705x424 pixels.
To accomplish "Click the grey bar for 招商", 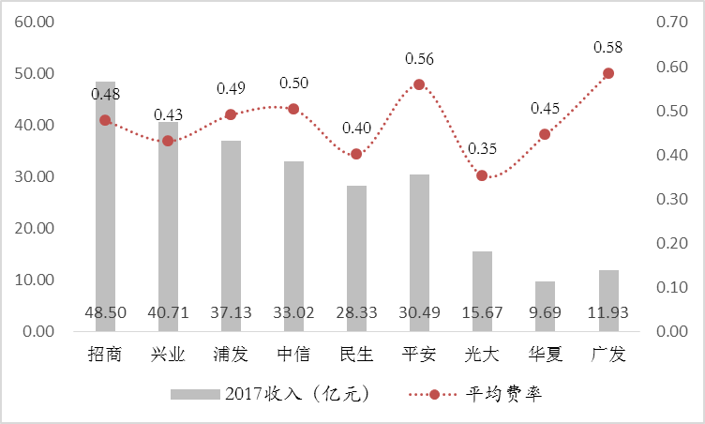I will tap(105, 206).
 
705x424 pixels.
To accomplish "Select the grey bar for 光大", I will tap(482, 291).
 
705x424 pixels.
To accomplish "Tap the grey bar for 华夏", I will tap(545, 306).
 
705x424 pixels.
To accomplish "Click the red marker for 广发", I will tap(607, 73).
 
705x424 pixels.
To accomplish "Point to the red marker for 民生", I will tap(356, 154).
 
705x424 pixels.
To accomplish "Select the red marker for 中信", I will tap(293, 109).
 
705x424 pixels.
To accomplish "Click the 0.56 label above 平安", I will tap(420, 59).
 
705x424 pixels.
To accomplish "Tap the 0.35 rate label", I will tap(483, 149).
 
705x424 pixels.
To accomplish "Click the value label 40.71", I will tap(168, 311).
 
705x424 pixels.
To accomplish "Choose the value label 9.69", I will tap(545, 311).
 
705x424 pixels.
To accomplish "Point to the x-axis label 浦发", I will tap(231, 356).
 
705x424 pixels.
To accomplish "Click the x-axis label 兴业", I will tap(168, 356).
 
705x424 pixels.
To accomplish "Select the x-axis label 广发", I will tap(607, 356).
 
